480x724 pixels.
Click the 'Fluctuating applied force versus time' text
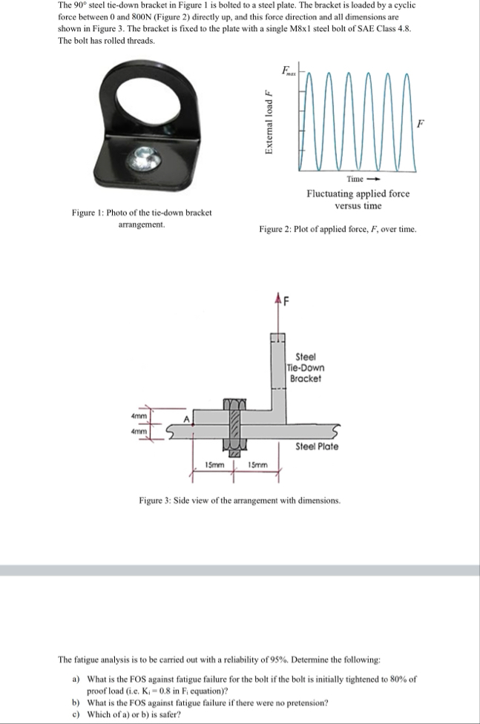[358, 200]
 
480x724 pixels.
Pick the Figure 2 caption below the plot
[338, 230]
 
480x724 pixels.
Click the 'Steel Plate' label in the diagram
[317, 447]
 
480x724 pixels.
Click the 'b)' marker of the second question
[76, 702]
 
